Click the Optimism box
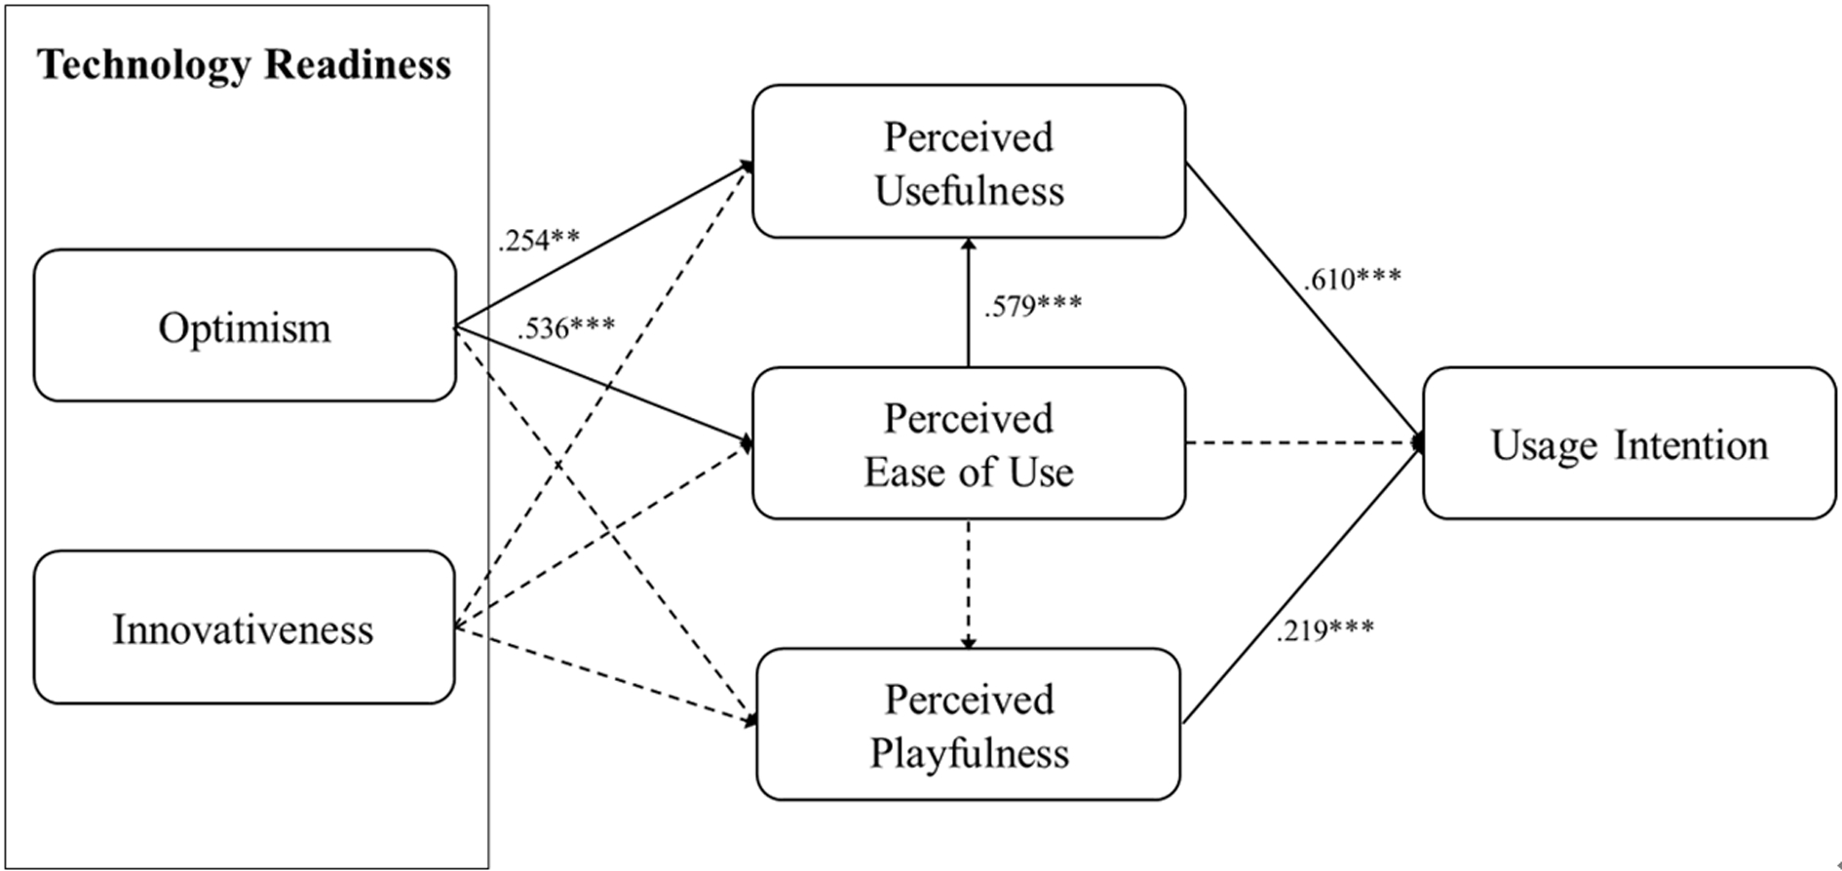tap(245, 326)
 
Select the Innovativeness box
tap(244, 628)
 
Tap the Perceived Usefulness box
tap(969, 162)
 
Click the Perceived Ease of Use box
tap(969, 444)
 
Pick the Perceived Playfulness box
tap(969, 725)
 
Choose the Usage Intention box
tap(1629, 444)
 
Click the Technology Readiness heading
tap(245, 66)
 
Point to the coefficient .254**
tap(538, 240)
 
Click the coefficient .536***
tap(566, 328)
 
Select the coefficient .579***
tap(1032, 306)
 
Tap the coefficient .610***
tap(1352, 281)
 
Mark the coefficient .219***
tap(1324, 630)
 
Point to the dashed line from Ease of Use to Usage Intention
tap(1301, 444)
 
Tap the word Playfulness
tap(969, 753)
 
